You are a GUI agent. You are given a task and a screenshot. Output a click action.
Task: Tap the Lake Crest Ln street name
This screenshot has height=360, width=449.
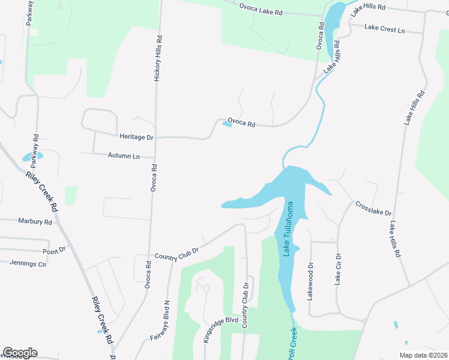(385, 29)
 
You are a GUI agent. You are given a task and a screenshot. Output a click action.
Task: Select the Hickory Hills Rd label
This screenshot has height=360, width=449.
(159, 58)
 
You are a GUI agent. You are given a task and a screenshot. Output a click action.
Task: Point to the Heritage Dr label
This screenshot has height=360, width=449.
(137, 137)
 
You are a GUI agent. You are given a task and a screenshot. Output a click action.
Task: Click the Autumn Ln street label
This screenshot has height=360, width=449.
(124, 155)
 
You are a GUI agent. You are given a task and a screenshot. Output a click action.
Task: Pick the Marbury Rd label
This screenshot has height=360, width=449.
(35, 221)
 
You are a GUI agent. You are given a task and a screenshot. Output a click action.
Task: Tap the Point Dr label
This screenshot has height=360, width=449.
(54, 251)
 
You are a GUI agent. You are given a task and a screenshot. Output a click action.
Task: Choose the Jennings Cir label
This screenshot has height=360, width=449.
(28, 263)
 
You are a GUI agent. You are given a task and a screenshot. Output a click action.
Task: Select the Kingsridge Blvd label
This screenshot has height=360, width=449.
(217, 329)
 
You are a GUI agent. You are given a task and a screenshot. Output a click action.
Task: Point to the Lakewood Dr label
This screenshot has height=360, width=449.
(311, 281)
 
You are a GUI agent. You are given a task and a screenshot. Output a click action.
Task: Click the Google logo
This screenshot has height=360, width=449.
(20, 353)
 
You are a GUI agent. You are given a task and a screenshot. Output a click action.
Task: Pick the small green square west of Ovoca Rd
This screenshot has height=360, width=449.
(71, 196)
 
